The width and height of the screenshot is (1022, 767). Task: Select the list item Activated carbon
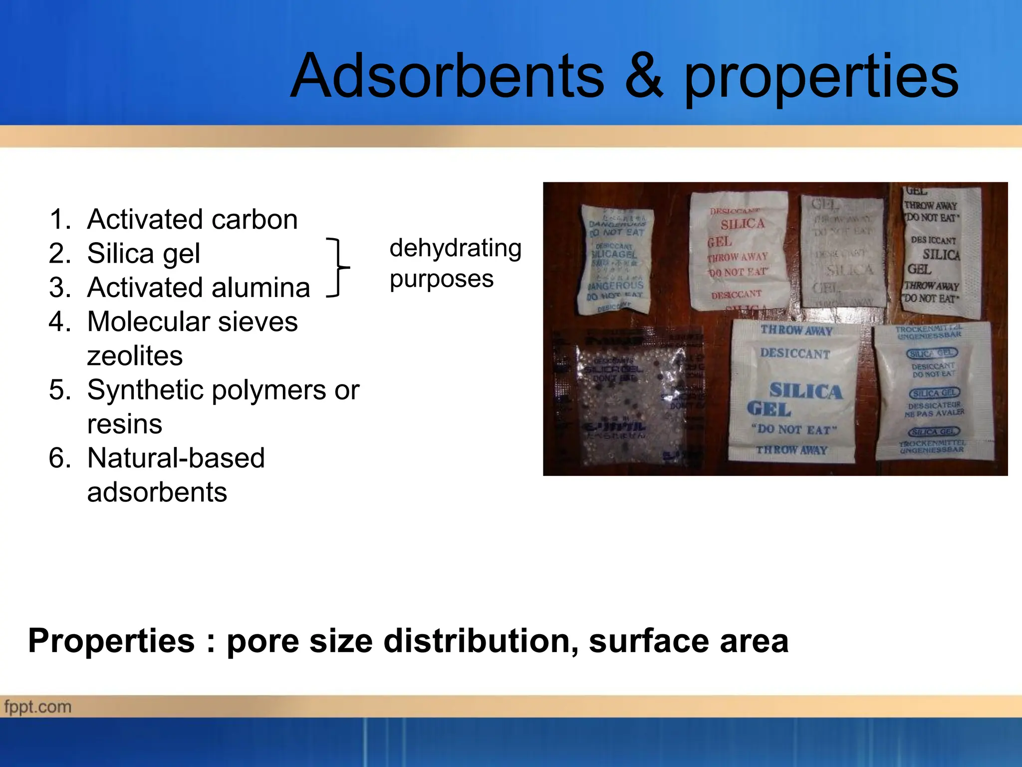click(x=192, y=219)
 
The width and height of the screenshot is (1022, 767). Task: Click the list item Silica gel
click(x=143, y=253)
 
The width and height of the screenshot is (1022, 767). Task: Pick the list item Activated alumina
click(x=198, y=288)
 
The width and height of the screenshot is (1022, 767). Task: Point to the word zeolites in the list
click(x=135, y=356)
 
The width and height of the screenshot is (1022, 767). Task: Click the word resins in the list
click(x=124, y=424)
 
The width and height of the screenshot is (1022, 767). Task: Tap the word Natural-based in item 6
click(x=176, y=458)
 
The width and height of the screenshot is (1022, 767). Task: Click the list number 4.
click(x=59, y=322)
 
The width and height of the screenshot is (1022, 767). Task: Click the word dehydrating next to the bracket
click(x=455, y=248)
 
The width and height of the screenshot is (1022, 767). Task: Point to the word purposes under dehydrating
click(x=441, y=279)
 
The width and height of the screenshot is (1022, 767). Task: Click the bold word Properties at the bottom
click(x=111, y=641)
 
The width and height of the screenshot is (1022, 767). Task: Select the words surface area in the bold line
click(x=689, y=641)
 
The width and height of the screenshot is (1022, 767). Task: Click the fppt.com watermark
click(x=38, y=707)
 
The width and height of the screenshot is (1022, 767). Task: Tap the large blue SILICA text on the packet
click(x=805, y=391)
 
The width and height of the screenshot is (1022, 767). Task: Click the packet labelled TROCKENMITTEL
click(x=932, y=390)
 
